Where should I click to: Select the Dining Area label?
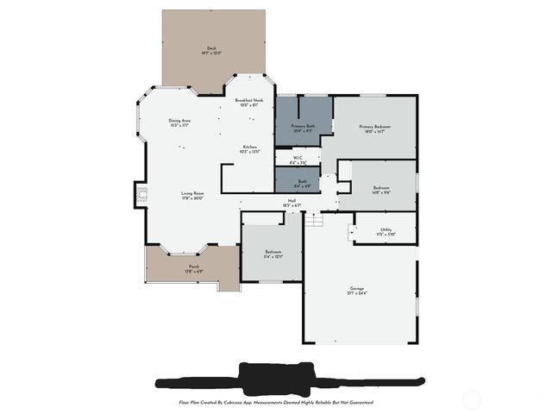click(179, 120)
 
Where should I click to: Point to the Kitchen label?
click(250, 147)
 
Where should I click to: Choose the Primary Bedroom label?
click(375, 126)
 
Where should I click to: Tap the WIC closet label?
click(298, 158)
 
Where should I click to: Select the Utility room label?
click(386, 229)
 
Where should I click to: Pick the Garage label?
click(357, 288)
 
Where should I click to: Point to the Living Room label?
click(192, 193)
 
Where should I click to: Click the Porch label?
click(194, 267)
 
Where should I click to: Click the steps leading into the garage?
click(316, 221)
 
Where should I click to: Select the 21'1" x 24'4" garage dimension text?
click(357, 294)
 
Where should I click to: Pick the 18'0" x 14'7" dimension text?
click(375, 132)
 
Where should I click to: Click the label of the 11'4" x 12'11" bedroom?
click(273, 252)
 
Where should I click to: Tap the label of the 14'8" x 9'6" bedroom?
click(381, 188)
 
